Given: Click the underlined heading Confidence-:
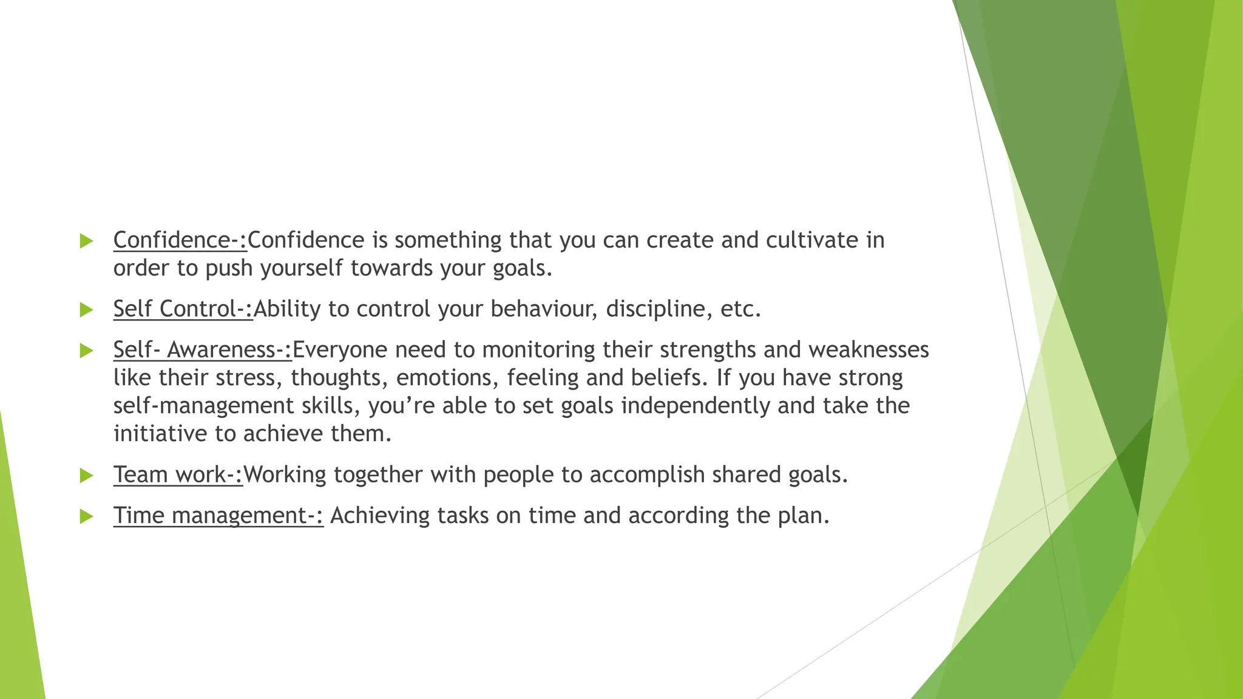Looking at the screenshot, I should [180, 240].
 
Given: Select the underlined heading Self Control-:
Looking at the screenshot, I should [183, 309].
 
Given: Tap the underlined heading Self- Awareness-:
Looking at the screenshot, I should [202, 350].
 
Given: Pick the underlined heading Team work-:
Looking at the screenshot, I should [178, 474].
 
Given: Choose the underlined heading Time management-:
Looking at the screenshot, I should [218, 516].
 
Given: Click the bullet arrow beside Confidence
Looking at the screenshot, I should [86, 241].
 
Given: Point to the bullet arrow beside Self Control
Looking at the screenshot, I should [86, 310].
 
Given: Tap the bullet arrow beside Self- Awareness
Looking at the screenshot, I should [86, 351].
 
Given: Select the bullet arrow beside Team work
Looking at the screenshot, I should [86, 476].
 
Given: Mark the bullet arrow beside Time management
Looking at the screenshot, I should [86, 516].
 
